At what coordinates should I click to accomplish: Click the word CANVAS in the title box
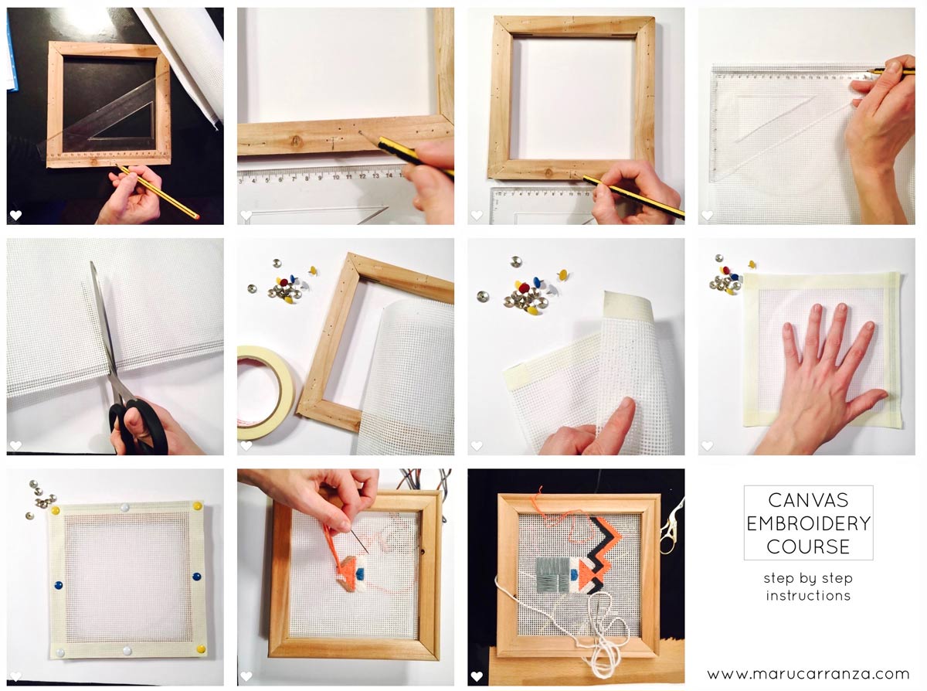click(808, 502)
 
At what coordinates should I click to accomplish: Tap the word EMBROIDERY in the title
click(808, 524)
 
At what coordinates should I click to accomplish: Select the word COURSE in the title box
click(808, 546)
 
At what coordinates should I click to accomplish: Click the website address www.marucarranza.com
click(808, 674)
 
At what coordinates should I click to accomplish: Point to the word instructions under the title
click(808, 596)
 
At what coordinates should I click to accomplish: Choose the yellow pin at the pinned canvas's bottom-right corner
click(200, 648)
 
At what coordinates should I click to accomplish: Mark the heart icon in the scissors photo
click(15, 445)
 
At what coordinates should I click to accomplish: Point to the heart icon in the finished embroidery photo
click(477, 676)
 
